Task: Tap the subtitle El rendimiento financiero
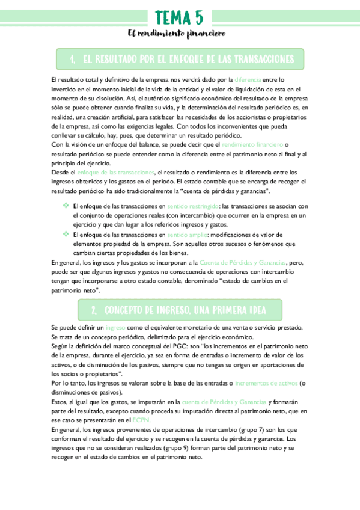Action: click(180, 34)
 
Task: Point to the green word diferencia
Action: click(248, 79)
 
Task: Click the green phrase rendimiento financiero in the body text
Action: click(252, 145)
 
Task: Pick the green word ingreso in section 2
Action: click(115, 327)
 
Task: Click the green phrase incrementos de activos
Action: click(266, 382)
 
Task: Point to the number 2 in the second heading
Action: click(94, 310)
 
